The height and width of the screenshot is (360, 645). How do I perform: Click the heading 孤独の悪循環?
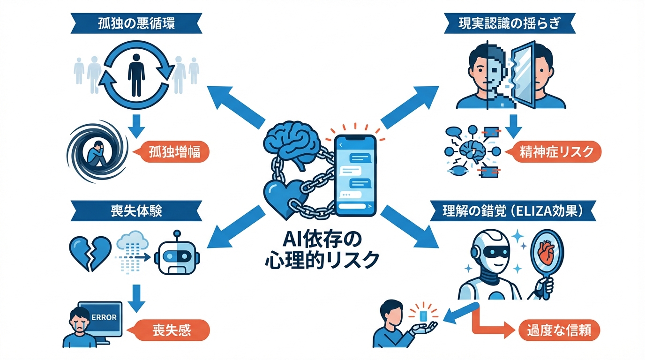pos(135,24)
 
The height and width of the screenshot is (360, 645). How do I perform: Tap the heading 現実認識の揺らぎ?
pos(509,24)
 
